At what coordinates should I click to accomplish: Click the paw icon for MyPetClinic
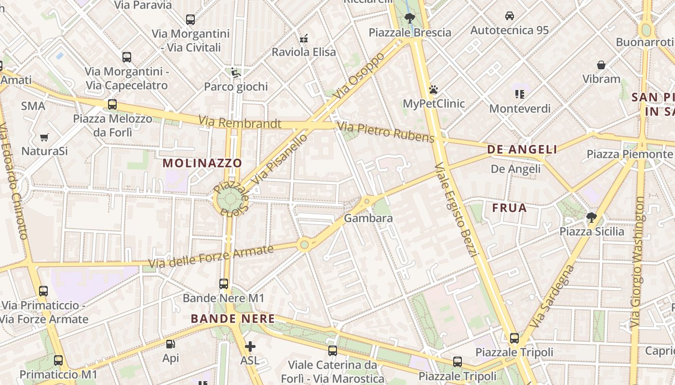click(x=433, y=90)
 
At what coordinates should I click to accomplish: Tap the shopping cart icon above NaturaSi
click(x=44, y=138)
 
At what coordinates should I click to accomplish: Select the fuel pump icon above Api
click(x=170, y=344)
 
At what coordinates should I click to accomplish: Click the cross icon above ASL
click(x=250, y=346)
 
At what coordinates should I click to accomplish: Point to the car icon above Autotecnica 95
click(x=509, y=16)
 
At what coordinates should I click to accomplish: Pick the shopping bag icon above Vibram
click(x=601, y=65)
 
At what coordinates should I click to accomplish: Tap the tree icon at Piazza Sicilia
click(x=591, y=218)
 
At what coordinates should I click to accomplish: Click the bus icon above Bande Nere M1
click(x=223, y=284)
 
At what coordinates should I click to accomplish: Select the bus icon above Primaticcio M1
click(x=58, y=360)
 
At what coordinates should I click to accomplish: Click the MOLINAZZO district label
click(x=202, y=163)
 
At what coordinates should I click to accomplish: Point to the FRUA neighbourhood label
click(x=509, y=208)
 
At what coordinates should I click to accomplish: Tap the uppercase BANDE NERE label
click(x=233, y=319)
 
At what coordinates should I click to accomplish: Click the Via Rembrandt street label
click(x=240, y=122)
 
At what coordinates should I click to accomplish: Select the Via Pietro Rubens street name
click(x=386, y=132)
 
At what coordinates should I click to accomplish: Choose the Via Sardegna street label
click(x=552, y=297)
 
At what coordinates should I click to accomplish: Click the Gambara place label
click(x=368, y=218)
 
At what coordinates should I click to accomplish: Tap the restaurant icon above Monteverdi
click(x=519, y=94)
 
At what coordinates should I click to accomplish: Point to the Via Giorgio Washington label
click(x=637, y=262)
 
